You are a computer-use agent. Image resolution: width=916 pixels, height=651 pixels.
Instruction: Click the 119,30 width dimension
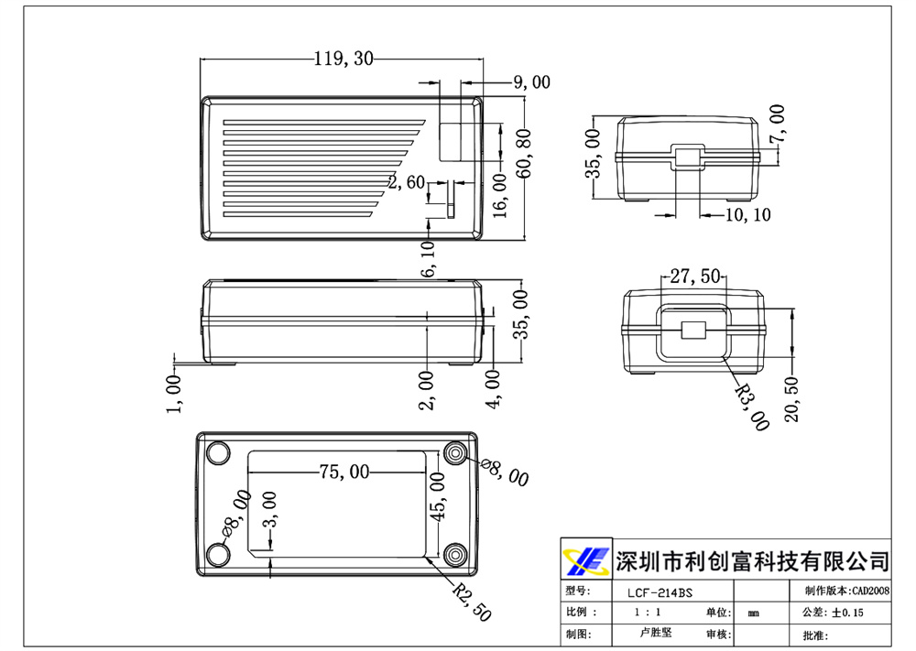(x=343, y=60)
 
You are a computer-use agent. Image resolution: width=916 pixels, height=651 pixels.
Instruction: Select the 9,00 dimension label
(x=531, y=82)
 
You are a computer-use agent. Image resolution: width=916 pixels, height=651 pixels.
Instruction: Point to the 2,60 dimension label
(x=407, y=182)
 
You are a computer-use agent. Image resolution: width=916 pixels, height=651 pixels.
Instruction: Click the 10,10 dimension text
(x=747, y=215)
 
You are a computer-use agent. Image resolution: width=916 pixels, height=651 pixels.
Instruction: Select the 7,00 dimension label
(x=777, y=124)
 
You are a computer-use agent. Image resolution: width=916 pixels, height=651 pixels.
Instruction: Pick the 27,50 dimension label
(x=695, y=276)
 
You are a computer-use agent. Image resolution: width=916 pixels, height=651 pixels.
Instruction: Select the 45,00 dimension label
(x=439, y=498)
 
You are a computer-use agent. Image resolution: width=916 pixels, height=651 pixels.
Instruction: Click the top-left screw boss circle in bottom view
(x=218, y=454)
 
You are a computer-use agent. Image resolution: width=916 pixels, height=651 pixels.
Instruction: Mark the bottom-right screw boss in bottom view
(x=455, y=555)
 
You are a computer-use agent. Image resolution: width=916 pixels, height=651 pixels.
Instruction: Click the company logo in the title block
(x=585, y=559)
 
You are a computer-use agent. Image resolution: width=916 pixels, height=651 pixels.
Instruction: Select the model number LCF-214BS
(x=654, y=592)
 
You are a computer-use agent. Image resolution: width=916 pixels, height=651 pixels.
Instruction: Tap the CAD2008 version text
(x=870, y=591)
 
